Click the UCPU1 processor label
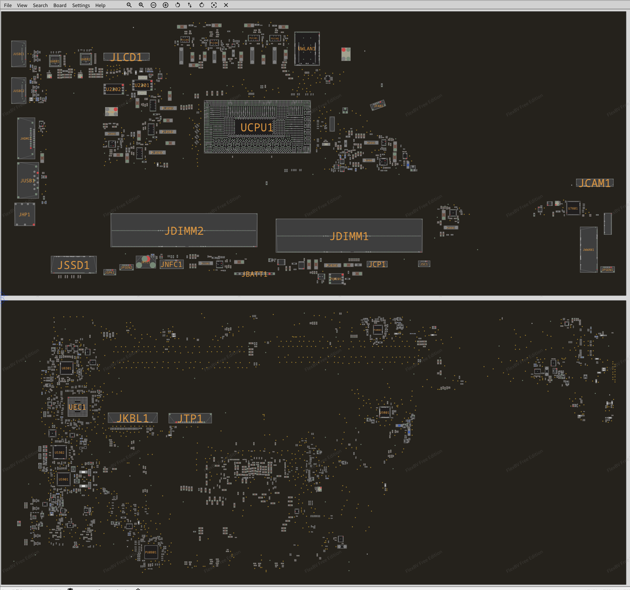[257, 128]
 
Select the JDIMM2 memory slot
[184, 231]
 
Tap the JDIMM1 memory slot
[349, 236]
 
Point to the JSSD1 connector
[74, 265]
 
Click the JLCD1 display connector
[126, 57]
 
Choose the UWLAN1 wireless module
[307, 49]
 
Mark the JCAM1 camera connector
[594, 183]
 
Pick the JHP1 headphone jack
[25, 215]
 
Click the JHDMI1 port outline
[26, 138]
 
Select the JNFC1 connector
[171, 265]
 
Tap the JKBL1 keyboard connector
[132, 418]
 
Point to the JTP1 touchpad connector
[190, 418]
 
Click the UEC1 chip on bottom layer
[78, 407]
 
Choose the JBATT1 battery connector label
[255, 274]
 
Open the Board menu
[60, 5]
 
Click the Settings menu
[81, 5]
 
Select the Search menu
[40, 5]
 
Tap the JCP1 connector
[377, 264]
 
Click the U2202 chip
[114, 89]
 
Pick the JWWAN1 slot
[588, 249]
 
